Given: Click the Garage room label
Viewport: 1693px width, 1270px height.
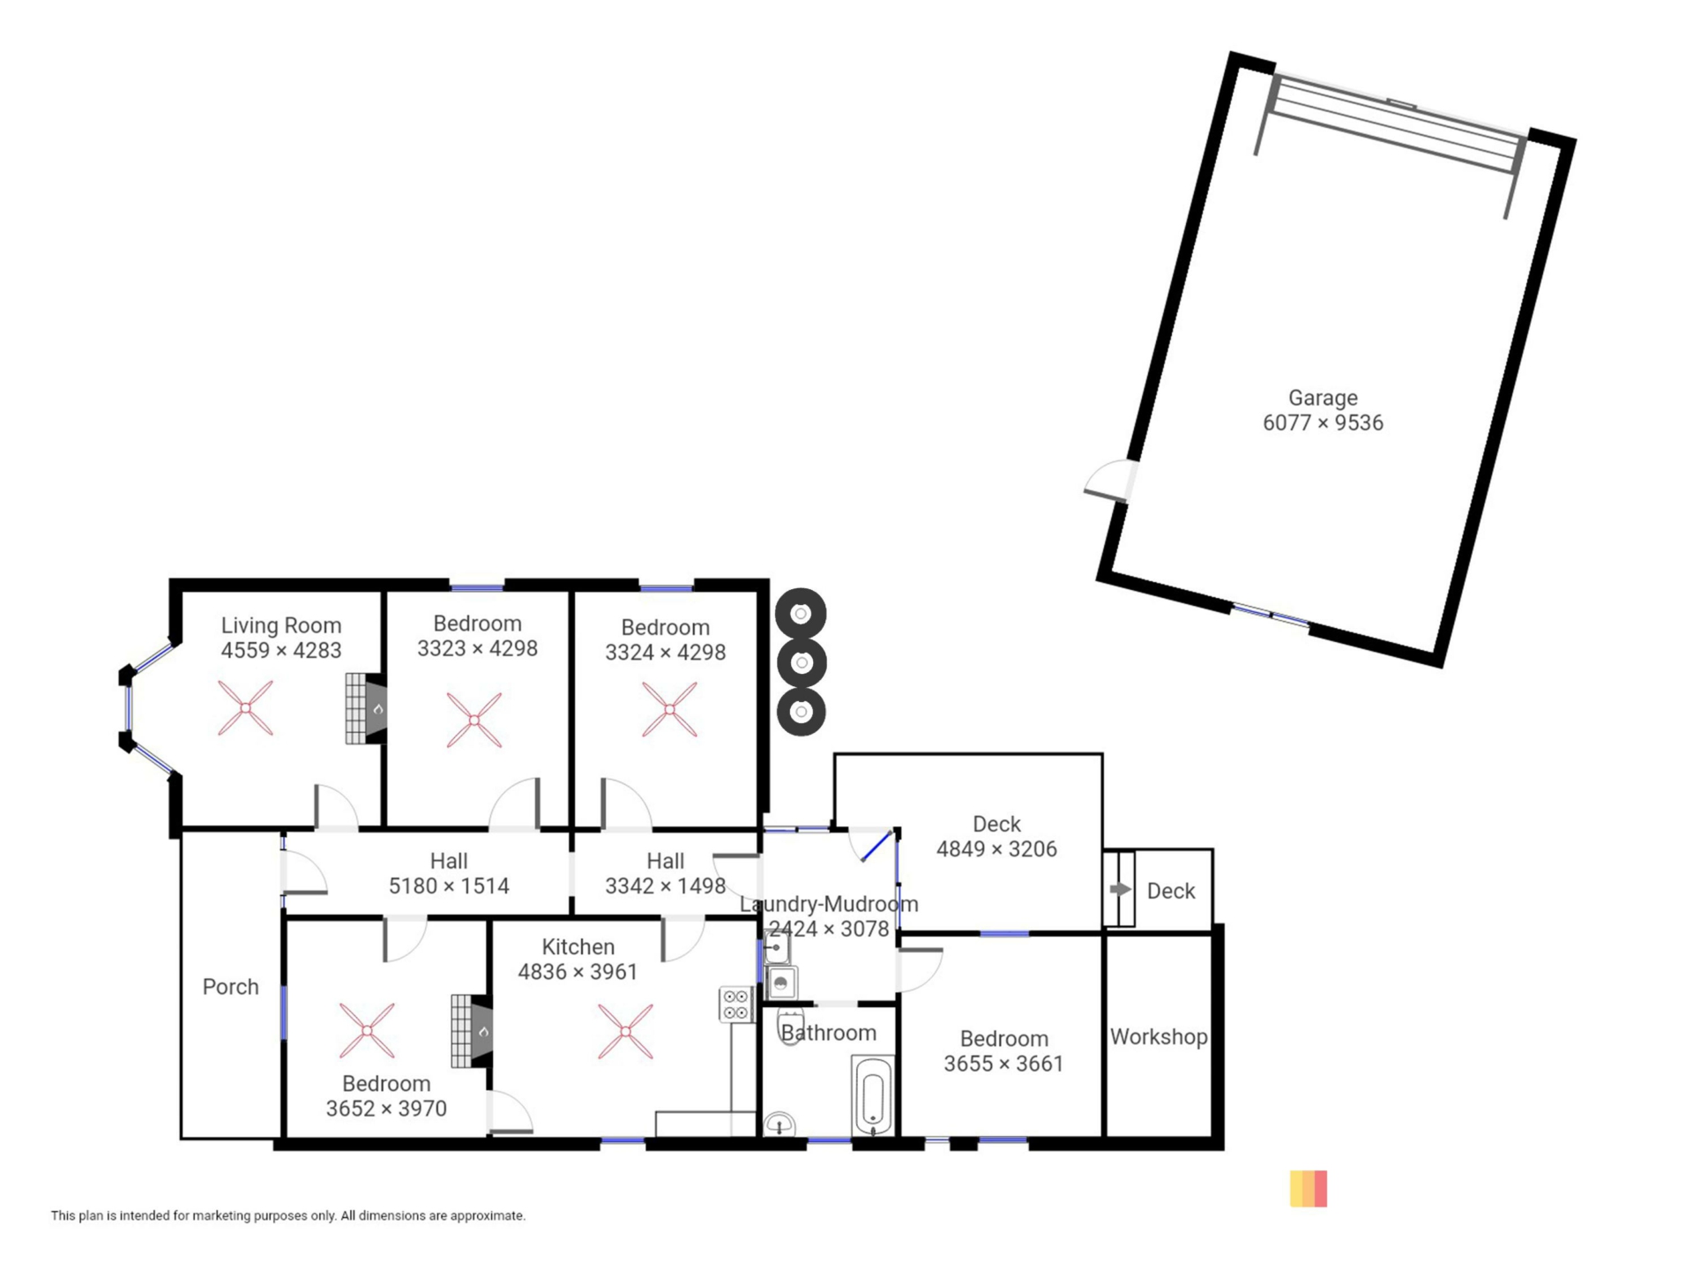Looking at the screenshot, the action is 1322,399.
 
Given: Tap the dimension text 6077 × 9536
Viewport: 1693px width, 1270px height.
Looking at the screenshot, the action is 1323,423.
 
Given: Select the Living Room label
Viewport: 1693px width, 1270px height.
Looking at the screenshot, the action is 280,625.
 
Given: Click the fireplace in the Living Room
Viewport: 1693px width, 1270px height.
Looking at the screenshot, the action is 365,708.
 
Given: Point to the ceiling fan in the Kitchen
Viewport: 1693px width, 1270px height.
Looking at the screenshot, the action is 625,1031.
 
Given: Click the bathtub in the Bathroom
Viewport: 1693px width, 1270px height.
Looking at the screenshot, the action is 873,1096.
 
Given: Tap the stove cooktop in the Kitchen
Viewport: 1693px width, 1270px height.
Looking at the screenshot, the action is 735,1005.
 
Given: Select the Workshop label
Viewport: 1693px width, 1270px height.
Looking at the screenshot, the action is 1158,1037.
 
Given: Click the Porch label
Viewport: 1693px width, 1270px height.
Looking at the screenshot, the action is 230,987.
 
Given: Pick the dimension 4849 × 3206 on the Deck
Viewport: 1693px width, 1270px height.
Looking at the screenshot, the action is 996,849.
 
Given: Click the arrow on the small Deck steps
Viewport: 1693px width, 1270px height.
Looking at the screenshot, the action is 1120,890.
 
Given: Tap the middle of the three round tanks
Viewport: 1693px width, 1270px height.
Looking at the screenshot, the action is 801,662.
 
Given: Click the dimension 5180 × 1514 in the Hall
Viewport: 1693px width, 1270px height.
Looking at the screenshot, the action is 449,886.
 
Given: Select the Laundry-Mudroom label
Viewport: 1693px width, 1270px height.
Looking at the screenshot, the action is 829,904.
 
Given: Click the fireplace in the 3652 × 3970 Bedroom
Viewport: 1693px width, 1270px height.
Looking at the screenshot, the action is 471,1031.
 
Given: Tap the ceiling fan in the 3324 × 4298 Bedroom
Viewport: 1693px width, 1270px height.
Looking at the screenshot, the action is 669,709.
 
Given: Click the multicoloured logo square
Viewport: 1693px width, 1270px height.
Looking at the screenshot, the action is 1309,1189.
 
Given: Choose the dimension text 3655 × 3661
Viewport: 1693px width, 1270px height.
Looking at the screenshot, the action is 1003,1065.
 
